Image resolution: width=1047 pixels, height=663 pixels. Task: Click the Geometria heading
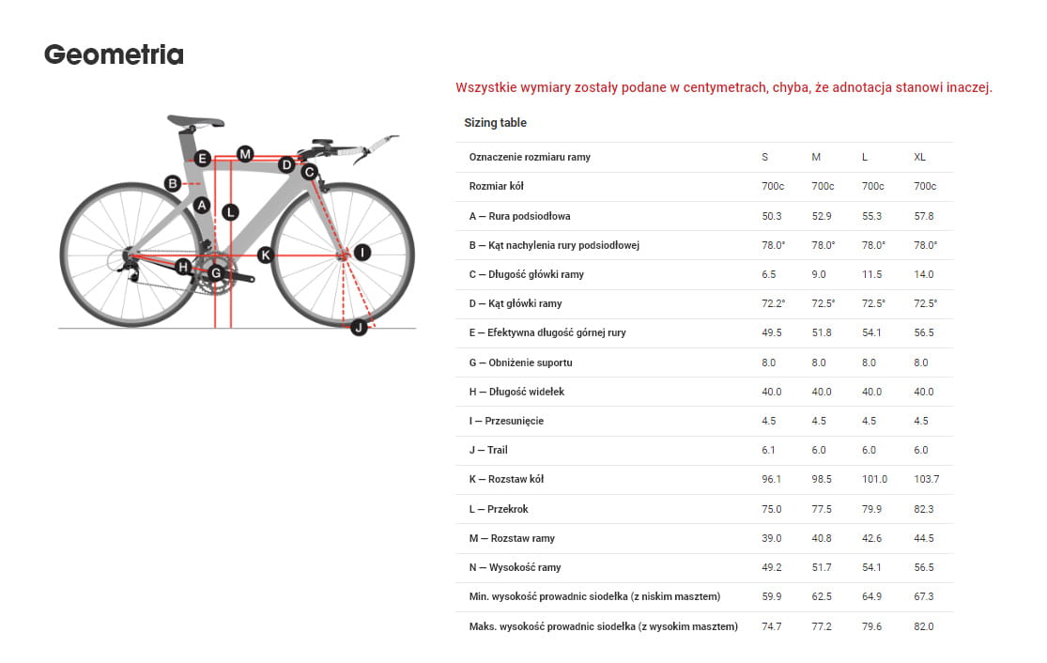click(x=114, y=55)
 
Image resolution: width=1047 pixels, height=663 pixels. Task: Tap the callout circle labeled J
click(x=358, y=327)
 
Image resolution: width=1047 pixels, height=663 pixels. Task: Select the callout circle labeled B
click(x=173, y=183)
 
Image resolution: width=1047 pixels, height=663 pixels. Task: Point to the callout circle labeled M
click(x=244, y=153)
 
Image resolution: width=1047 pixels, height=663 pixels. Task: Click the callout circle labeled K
click(x=265, y=254)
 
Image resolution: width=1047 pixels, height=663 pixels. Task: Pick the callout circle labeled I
click(x=362, y=252)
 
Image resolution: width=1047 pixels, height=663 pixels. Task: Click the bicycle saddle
click(x=195, y=120)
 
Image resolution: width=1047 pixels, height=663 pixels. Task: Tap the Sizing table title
click(x=495, y=123)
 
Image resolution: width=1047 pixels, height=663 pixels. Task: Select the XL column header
click(x=919, y=157)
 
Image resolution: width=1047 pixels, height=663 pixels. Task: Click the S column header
click(x=764, y=157)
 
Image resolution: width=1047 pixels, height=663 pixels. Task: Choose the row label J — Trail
click(x=488, y=450)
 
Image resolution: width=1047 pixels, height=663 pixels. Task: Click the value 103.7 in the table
click(x=926, y=479)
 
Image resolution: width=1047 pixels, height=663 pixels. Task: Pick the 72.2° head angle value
click(x=773, y=303)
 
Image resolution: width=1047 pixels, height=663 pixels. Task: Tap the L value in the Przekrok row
click(x=872, y=509)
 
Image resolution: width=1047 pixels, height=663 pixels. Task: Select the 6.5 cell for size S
click(x=769, y=274)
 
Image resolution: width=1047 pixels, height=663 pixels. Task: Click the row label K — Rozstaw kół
click(x=506, y=479)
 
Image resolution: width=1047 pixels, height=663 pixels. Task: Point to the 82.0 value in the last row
click(x=924, y=626)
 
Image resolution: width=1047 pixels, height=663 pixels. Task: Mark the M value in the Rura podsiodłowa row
click(x=821, y=216)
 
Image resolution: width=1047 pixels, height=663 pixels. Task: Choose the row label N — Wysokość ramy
click(x=516, y=567)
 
